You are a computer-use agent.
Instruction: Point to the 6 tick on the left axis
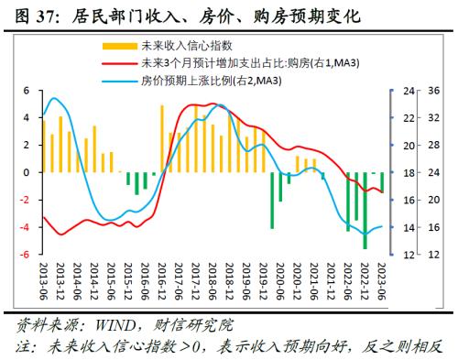click(x=27, y=92)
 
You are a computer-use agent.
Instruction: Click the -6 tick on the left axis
click(x=25, y=255)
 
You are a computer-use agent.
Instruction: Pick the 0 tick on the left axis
click(x=27, y=172)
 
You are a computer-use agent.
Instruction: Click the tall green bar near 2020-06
click(x=272, y=200)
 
